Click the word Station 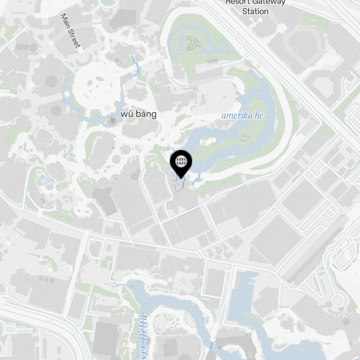[255, 12]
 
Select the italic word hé [259, 116]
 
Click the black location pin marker [181, 161]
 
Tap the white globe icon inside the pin [181, 161]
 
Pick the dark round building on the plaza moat [112, 122]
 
